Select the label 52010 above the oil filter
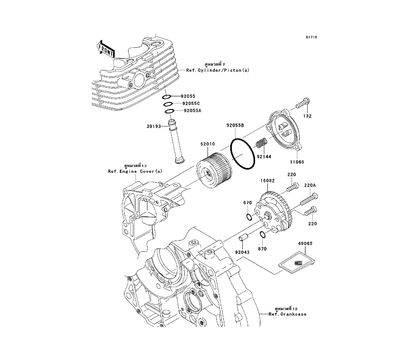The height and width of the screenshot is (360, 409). pyautogui.click(x=208, y=144)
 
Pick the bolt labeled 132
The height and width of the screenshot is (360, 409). pyautogui.click(x=302, y=105)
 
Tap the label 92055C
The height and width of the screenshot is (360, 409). pyautogui.click(x=191, y=103)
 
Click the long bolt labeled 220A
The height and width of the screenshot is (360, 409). pyautogui.click(x=310, y=201)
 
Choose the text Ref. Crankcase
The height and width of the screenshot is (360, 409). pyautogui.click(x=287, y=314)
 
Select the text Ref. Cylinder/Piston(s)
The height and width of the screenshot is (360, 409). pyautogui.click(x=223, y=70)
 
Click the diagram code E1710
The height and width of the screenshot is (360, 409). pyautogui.click(x=311, y=37)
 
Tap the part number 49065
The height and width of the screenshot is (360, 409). pyautogui.click(x=305, y=243)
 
